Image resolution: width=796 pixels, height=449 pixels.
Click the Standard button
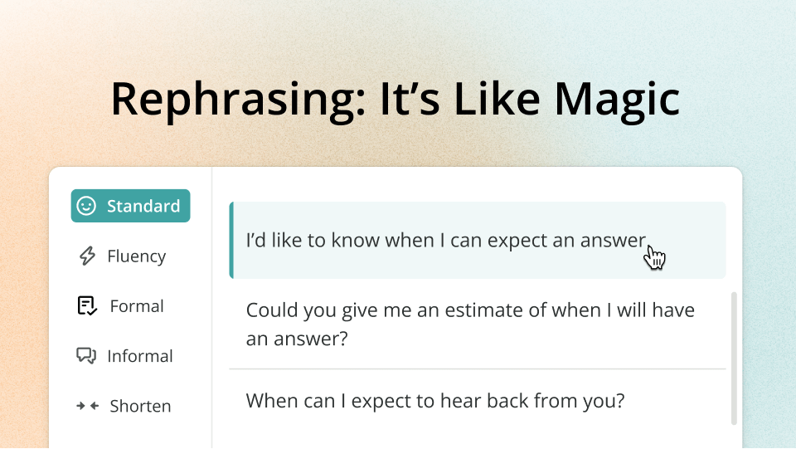130,206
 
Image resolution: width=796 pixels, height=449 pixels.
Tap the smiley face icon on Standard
86,206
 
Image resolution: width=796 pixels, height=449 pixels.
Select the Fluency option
123,256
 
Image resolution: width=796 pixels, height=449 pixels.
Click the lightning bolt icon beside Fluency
87,256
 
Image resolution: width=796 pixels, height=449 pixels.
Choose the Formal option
121,305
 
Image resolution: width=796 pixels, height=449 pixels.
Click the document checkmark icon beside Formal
87,305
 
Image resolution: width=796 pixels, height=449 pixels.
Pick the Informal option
125,355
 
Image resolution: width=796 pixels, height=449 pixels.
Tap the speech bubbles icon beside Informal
86,355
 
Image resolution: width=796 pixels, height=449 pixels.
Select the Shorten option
124,406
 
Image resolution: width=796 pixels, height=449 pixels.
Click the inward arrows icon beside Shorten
87,406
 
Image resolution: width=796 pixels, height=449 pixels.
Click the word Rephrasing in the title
238,100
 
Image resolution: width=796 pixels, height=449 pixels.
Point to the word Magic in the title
617,100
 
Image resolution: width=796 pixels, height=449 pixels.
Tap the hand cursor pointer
654,258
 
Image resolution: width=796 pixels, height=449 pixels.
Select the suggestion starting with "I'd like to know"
478,240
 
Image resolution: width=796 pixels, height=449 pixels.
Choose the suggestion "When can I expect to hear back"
435,401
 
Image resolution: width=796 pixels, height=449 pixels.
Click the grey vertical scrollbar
734,358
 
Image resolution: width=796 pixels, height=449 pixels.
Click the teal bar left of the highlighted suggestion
231,240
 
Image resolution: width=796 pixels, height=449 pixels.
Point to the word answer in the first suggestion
613,241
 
